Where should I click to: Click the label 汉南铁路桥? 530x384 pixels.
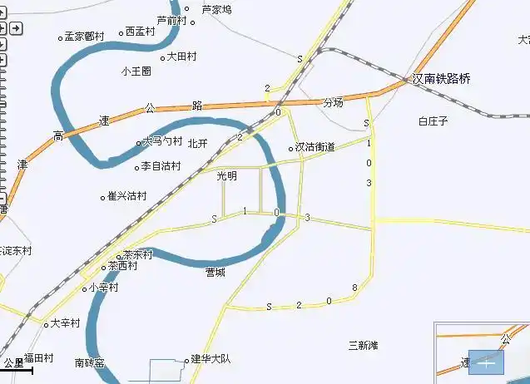(442, 79)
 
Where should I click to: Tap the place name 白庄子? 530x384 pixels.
(433, 121)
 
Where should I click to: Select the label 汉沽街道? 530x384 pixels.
(315, 147)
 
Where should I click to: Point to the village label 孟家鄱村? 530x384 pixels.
(85, 37)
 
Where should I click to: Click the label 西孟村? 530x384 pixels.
(140, 32)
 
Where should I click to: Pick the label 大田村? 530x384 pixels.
(181, 57)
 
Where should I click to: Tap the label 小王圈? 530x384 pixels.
(136, 71)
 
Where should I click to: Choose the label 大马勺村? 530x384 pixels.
(161, 142)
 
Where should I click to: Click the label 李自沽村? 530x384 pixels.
(161, 166)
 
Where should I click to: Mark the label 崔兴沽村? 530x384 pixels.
(127, 197)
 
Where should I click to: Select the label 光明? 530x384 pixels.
(226, 176)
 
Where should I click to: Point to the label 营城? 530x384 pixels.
(215, 272)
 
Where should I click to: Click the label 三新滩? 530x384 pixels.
(364, 345)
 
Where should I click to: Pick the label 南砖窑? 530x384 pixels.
(90, 362)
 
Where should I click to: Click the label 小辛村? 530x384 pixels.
(103, 288)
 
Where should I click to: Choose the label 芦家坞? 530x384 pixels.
(216, 9)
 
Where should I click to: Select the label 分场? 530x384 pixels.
(333, 103)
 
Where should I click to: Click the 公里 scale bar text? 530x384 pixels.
(13, 362)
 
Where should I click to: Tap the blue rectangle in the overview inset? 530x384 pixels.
(487, 362)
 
